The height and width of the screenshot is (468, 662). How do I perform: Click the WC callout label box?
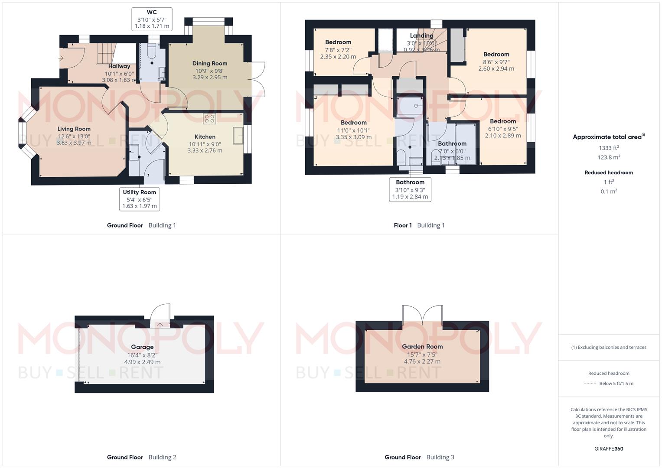pos(152,19)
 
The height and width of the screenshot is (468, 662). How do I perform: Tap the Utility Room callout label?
pos(140,199)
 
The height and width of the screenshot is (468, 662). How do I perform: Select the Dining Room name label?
pos(210,63)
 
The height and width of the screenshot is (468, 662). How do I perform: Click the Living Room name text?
pos(74,129)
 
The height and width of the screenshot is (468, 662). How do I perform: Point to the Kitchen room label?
pos(205,136)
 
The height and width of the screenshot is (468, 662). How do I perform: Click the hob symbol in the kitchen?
pos(209,119)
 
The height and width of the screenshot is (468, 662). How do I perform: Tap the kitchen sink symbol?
pos(238,136)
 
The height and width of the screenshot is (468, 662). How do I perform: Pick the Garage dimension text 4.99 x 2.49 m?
pos(142,362)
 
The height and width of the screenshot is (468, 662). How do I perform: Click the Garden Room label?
pos(422,347)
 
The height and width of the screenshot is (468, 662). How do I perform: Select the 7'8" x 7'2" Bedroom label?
pos(338,42)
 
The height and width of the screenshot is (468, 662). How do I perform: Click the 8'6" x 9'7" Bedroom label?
pos(496,54)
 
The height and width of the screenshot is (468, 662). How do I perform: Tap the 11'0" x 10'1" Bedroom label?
pos(354,123)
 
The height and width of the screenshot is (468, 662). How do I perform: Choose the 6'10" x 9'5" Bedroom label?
pos(503,121)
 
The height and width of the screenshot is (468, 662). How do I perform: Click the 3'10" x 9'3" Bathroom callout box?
pos(410,189)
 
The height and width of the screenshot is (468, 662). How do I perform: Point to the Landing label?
pos(422,36)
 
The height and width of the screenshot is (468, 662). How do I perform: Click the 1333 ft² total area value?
pos(609,148)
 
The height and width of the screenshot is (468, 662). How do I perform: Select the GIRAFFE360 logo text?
pos(609,448)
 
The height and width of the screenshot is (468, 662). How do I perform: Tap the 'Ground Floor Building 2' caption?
pos(142,457)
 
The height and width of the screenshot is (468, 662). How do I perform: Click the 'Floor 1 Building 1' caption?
pos(419,225)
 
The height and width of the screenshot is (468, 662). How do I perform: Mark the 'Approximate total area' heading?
pos(609,137)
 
